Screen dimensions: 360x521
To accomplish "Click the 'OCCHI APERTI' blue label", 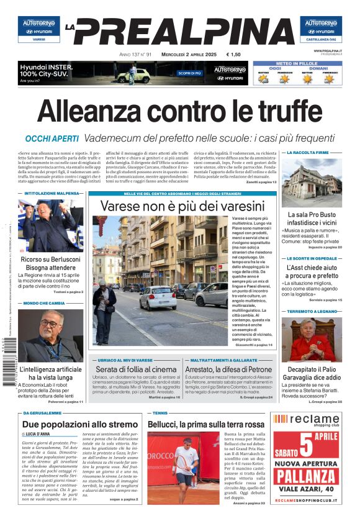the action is (52, 138).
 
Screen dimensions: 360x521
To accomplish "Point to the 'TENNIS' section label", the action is (160, 412).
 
